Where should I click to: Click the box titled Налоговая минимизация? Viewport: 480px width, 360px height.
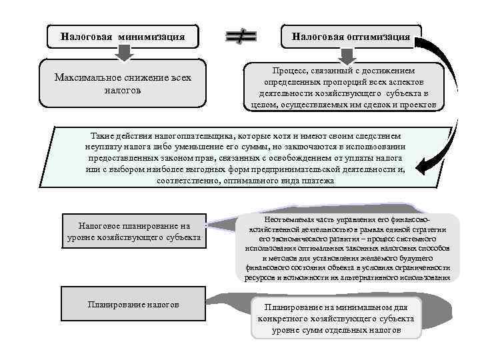point(123,36)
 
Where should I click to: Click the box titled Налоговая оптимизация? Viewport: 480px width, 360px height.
point(351,36)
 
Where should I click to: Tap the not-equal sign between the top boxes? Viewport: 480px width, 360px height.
point(241,37)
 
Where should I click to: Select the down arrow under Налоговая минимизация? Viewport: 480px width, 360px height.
point(123,53)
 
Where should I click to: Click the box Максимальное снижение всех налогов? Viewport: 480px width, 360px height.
point(123,84)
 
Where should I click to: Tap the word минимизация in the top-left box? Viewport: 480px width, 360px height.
point(151,36)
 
